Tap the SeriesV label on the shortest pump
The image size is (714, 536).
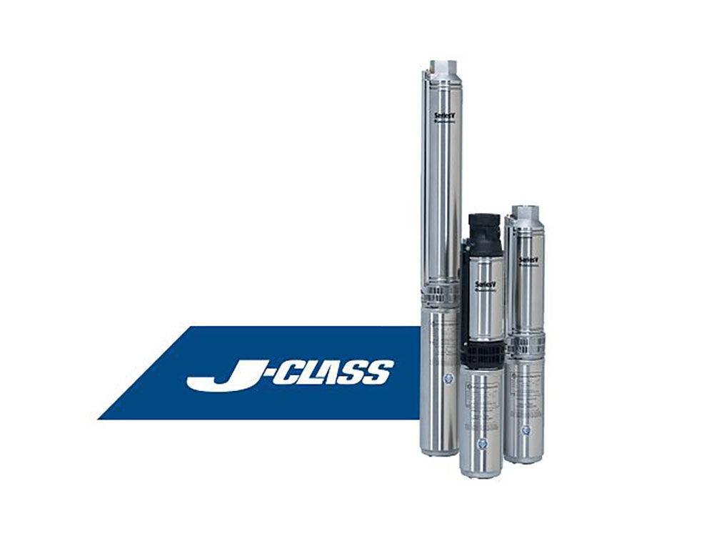[485, 284]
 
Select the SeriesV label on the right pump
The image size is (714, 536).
[528, 258]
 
